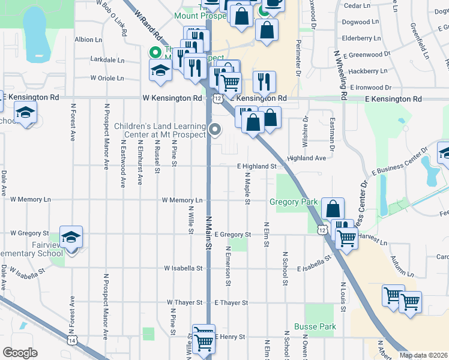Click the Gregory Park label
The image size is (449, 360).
[293, 202]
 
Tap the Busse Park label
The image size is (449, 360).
[315, 327]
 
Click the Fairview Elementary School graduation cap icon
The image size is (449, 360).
[71, 238]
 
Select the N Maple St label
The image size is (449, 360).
[247, 188]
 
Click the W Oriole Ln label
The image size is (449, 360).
[107, 78]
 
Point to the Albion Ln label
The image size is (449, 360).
[88, 40]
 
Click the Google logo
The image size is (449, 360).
[20, 353]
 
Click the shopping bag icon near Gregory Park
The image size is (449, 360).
[333, 209]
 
